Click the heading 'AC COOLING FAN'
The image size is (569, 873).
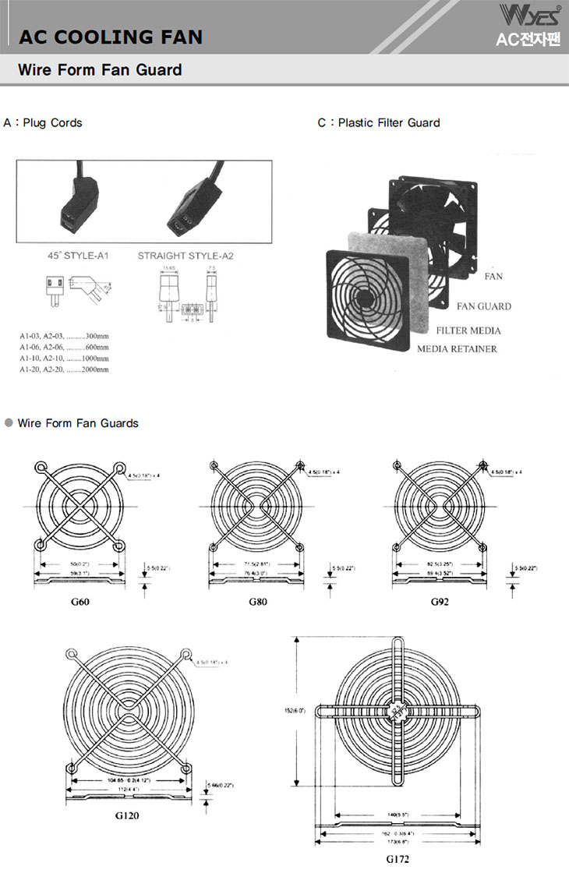[110, 37]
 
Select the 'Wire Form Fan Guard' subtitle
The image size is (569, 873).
[100, 70]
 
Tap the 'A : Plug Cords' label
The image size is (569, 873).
[43, 122]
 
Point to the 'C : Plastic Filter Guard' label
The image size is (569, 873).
[378, 122]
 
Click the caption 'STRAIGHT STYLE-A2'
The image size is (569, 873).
[186, 255]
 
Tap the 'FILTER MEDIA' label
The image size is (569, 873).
[468, 330]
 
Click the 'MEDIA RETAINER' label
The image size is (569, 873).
[457, 348]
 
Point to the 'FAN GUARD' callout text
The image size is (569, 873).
[484, 306]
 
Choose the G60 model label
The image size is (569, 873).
[79, 602]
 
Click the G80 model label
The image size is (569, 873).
[258, 602]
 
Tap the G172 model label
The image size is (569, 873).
[398, 859]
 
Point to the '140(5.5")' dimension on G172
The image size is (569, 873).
[398, 815]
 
